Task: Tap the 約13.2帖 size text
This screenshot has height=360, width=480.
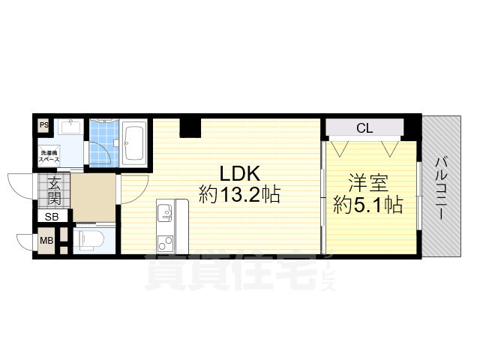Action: pos(240,196)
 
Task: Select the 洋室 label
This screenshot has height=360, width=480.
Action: pos(368,182)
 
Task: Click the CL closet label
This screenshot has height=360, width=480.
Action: pos(364,128)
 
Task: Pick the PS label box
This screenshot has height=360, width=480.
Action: pos(44,126)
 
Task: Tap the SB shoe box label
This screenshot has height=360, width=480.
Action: pos(51,217)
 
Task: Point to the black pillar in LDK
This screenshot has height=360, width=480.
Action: pos(190,127)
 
